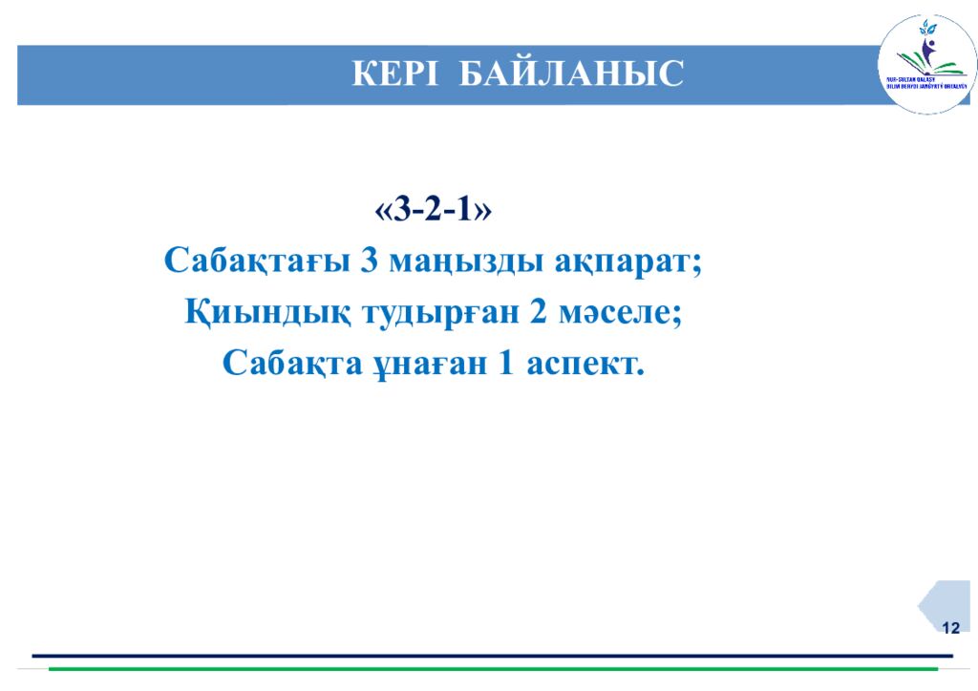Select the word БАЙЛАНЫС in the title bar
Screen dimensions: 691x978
tap(571, 73)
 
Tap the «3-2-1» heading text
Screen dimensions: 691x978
tap(435, 209)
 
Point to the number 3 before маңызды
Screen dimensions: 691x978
tap(370, 261)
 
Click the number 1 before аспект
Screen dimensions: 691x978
tap(506, 364)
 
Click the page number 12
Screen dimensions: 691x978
tap(950, 627)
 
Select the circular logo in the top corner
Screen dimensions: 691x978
tap(926, 65)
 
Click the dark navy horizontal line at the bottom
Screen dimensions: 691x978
tap(492, 656)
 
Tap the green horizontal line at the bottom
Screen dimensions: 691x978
tap(492, 669)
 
